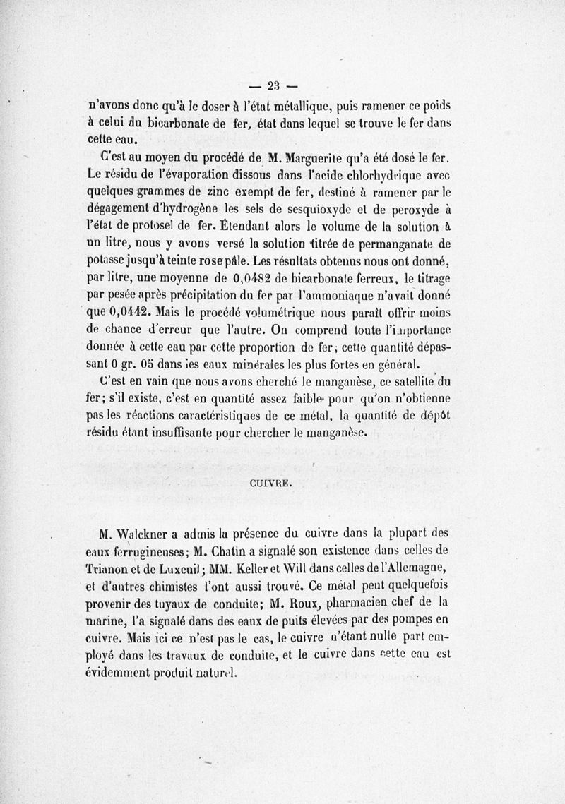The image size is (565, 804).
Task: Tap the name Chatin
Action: click(263, 551)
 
